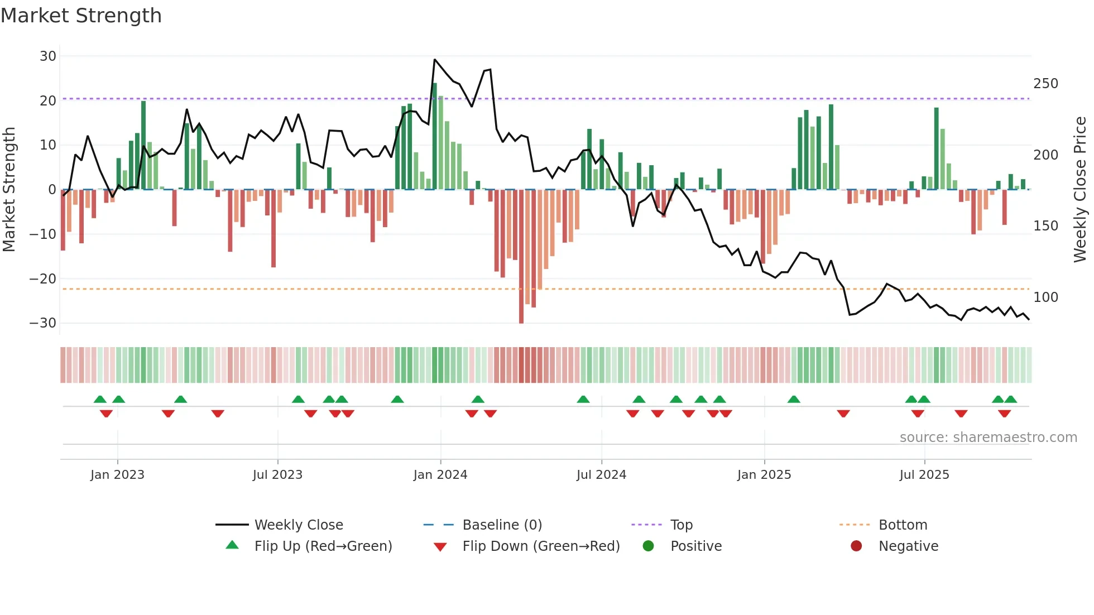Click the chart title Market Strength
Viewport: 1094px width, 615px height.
click(81, 16)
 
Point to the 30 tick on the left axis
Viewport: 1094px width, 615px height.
click(48, 56)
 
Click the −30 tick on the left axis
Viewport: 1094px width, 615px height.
click(44, 323)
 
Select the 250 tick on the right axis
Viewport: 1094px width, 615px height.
click(1045, 84)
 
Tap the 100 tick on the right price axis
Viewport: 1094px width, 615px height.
click(1045, 297)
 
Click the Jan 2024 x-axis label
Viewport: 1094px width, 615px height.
click(440, 474)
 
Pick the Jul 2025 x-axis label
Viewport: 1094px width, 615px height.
click(924, 474)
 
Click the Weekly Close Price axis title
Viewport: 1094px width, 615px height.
click(1080, 189)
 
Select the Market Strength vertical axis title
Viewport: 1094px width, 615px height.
click(9, 189)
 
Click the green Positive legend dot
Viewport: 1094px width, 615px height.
click(648, 546)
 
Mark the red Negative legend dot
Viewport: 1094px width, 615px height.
click(856, 546)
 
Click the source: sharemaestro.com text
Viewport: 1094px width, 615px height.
click(988, 437)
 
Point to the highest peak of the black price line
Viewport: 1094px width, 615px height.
click(435, 60)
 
